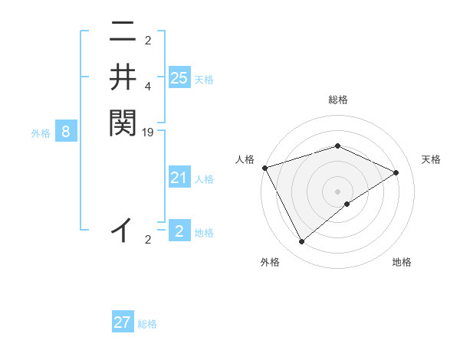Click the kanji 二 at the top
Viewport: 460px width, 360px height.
pyautogui.click(x=122, y=32)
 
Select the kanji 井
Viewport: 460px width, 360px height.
pyautogui.click(x=122, y=77)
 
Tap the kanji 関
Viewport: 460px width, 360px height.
pyautogui.click(x=122, y=123)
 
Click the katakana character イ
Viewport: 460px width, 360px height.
pyautogui.click(x=122, y=229)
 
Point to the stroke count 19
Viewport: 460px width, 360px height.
pyautogui.click(x=148, y=133)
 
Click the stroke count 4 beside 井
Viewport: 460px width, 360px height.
pyautogui.click(x=148, y=87)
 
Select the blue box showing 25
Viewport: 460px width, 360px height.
pyautogui.click(x=179, y=77)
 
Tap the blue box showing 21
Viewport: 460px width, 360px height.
pyautogui.click(x=179, y=178)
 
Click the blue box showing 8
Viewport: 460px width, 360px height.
pyautogui.click(x=66, y=132)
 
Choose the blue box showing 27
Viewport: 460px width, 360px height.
pyautogui.click(x=123, y=322)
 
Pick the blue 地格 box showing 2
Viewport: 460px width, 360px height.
pyautogui.click(x=179, y=231)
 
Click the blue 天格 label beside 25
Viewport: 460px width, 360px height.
pyautogui.click(x=204, y=79)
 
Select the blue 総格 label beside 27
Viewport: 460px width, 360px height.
pyautogui.click(x=147, y=324)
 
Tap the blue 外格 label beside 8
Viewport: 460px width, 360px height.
pyautogui.click(x=41, y=133)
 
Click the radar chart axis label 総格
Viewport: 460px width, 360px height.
pyautogui.click(x=337, y=100)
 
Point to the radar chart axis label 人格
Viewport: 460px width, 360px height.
pyautogui.click(x=245, y=159)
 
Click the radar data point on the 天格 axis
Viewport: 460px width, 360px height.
pyautogui.click(x=396, y=172)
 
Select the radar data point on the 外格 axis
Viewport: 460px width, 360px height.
pyautogui.click(x=301, y=242)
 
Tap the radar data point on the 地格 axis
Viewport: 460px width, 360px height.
pyautogui.click(x=347, y=204)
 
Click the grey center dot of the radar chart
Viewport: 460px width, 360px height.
pyautogui.click(x=337, y=191)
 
